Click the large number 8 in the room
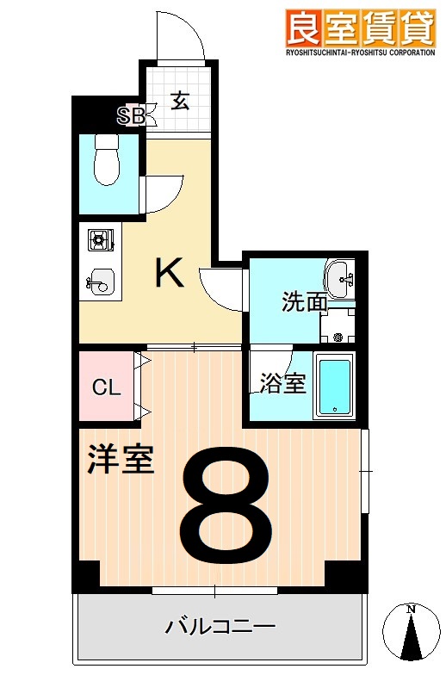pos(226,503)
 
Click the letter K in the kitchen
pos(169,274)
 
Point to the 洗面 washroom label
pos(305,302)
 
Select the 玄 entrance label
pos(179,102)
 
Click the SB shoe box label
pos(132,115)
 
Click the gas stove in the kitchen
pos(100,240)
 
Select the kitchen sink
pos(101,280)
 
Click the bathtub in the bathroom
pos(335,385)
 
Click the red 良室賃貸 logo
pos(359,28)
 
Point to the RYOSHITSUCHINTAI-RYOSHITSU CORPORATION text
pos(359,53)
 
